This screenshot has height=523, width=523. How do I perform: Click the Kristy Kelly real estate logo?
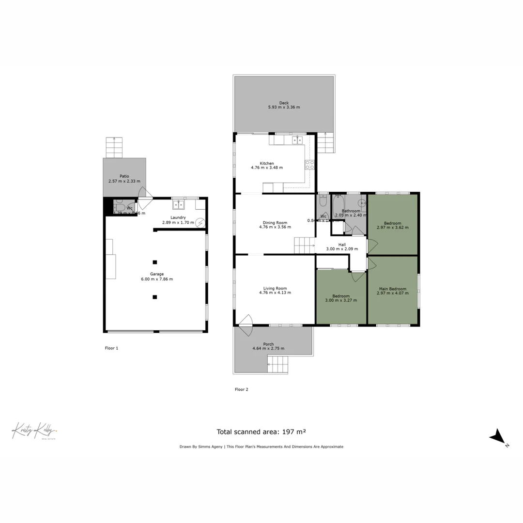tap(34, 431)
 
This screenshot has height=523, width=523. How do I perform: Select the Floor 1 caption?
tap(111, 348)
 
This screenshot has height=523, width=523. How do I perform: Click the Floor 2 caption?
tap(241, 389)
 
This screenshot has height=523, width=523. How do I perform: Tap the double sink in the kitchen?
tap(297, 140)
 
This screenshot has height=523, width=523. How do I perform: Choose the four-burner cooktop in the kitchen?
tap(309, 165)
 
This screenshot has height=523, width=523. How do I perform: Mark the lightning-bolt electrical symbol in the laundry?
tap(200, 223)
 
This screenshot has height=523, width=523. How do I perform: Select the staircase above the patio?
tap(114, 147)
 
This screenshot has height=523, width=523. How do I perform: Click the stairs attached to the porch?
tap(278, 365)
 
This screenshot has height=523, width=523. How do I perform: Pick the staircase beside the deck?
tap(325, 143)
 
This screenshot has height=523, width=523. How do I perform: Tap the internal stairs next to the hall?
tap(305, 246)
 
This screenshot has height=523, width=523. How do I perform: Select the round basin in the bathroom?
tap(362, 203)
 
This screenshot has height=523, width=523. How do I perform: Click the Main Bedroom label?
tap(393, 289)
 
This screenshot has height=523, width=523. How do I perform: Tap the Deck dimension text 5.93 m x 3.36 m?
tap(284, 107)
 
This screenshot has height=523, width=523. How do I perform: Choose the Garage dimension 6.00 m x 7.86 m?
tap(156, 279)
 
